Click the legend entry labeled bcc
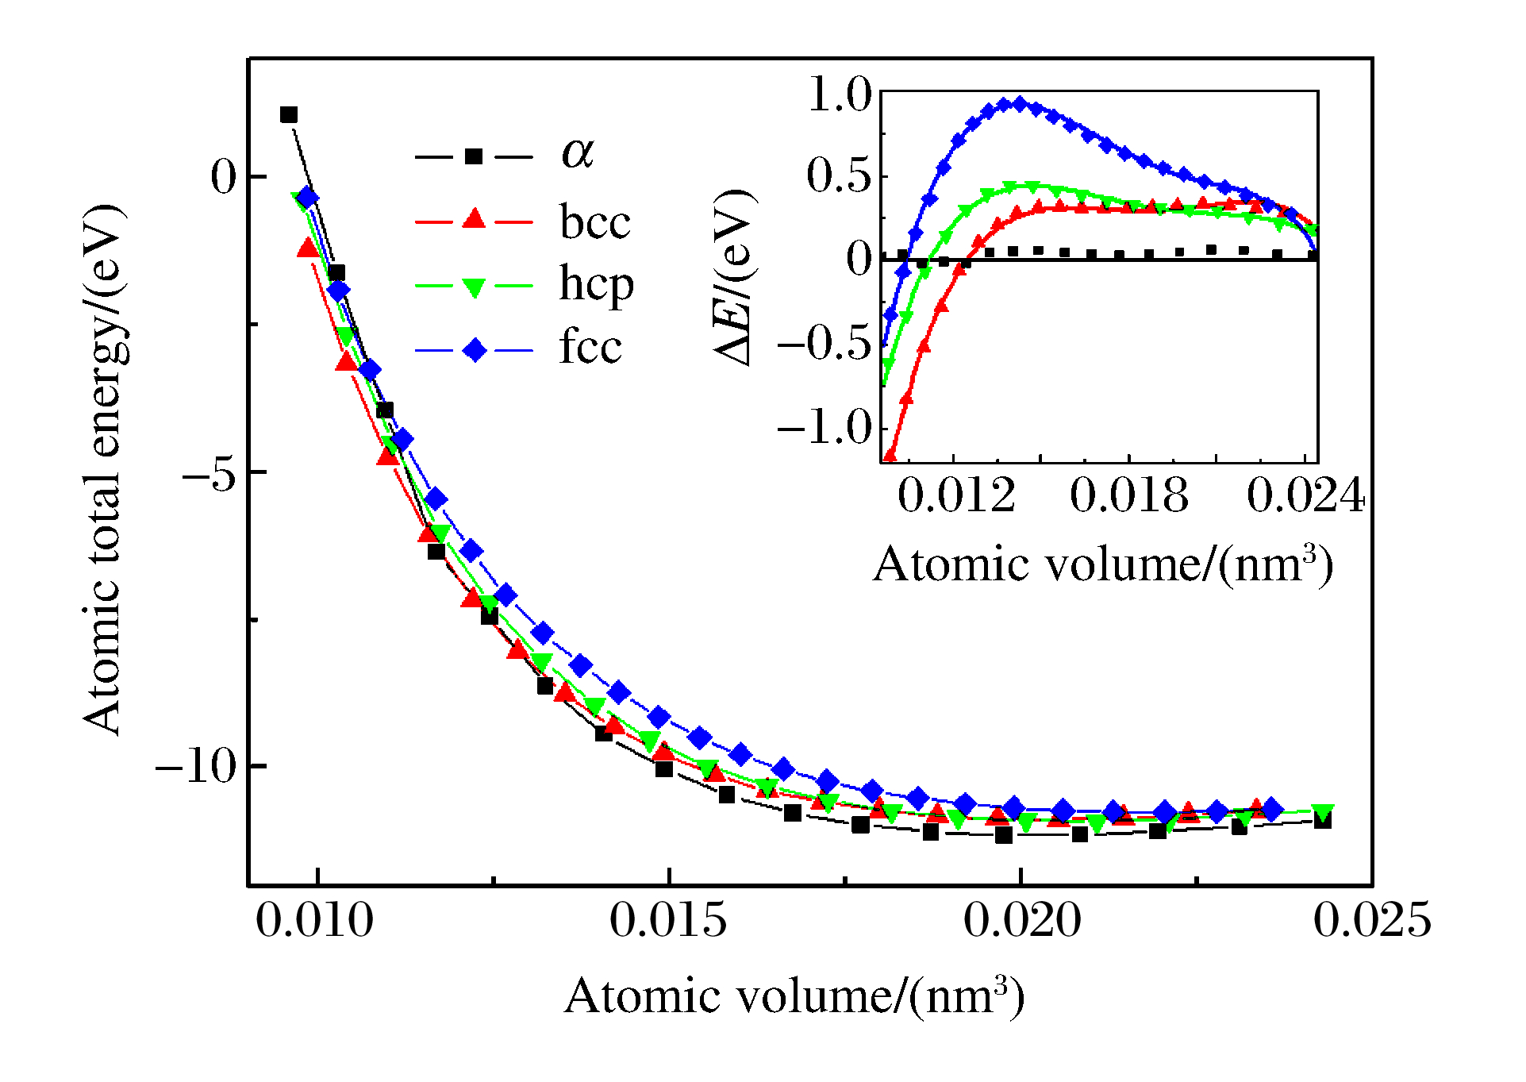(x=594, y=221)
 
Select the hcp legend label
(x=596, y=284)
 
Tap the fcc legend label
(x=590, y=347)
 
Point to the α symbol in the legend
(x=577, y=152)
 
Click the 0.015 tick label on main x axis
(x=668, y=921)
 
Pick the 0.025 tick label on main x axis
(x=1372, y=921)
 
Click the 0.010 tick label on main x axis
(x=315, y=921)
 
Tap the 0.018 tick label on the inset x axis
(x=1128, y=496)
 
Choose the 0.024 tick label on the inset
(x=1305, y=496)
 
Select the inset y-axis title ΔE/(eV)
(x=735, y=277)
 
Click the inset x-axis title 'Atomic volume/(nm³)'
(x=1102, y=564)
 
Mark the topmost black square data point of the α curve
(x=289, y=115)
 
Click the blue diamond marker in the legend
(x=474, y=349)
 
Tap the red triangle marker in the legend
(x=474, y=218)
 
